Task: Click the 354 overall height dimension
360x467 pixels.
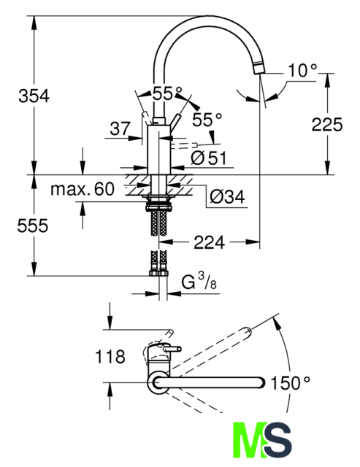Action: pos(34,96)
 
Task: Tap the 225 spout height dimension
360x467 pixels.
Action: pos(327,124)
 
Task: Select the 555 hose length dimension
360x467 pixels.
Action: pos(32,225)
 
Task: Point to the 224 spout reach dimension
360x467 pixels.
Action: pos(209,242)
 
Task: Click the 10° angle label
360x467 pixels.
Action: pos(302,71)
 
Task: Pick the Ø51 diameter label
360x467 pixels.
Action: pos(209,158)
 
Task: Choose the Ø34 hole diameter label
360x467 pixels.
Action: pos(227,196)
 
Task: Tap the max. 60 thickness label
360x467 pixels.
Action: pos(83,188)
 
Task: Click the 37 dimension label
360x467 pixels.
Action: pos(120,128)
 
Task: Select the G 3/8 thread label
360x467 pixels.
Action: pos(199,282)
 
